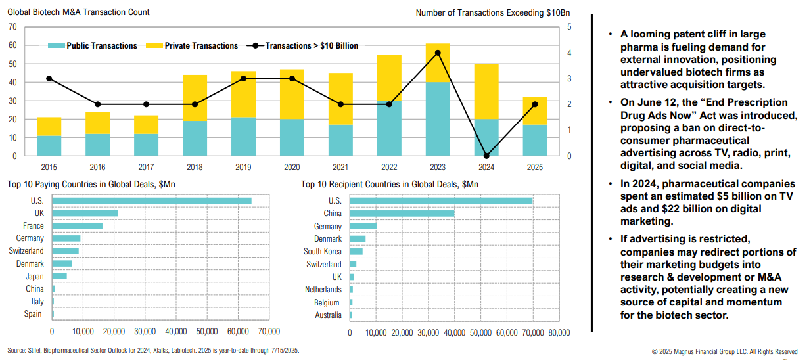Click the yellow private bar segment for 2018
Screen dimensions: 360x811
tap(195, 98)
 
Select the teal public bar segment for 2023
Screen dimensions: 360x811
tap(438, 119)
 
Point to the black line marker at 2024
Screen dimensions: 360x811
tap(486, 156)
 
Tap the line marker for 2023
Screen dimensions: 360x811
tap(438, 53)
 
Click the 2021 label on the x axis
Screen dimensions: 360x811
tap(340, 168)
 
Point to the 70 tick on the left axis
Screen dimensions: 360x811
tap(12, 27)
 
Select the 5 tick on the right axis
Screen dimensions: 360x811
tap(569, 27)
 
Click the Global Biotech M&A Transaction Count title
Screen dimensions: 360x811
tap(78, 12)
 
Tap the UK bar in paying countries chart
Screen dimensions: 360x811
tap(85, 213)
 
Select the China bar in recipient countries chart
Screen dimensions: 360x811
tap(402, 213)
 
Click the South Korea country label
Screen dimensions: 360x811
tap(323, 252)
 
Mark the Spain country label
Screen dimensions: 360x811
tap(34, 315)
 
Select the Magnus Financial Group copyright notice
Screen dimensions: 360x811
tap(725, 352)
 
